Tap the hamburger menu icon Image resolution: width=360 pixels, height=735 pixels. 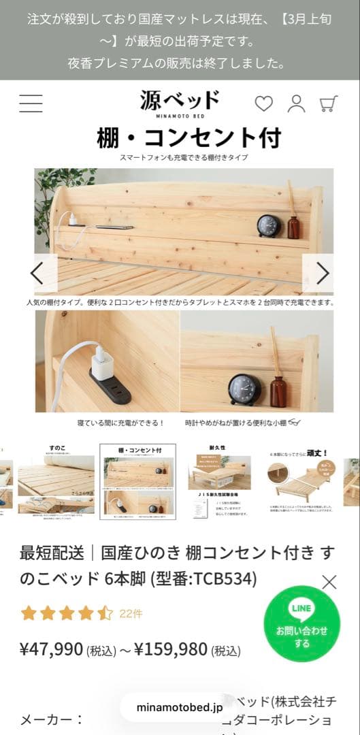(x=31, y=103)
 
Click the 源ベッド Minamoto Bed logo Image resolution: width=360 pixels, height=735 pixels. (x=180, y=103)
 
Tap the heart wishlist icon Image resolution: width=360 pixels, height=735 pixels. (x=263, y=103)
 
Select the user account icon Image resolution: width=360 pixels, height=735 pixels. (x=296, y=103)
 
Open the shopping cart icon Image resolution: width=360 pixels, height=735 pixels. (x=329, y=103)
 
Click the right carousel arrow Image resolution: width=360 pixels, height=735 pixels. (x=318, y=273)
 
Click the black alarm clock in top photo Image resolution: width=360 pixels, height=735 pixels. (x=269, y=226)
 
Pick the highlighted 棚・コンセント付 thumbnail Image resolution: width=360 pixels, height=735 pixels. (x=137, y=481)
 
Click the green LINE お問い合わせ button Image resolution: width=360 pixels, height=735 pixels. (x=301, y=624)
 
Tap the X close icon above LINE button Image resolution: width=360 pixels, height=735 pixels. (x=329, y=582)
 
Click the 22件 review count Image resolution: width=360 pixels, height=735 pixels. (x=131, y=613)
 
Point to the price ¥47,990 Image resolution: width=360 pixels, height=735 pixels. (x=52, y=649)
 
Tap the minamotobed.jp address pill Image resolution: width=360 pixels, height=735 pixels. (x=179, y=707)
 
